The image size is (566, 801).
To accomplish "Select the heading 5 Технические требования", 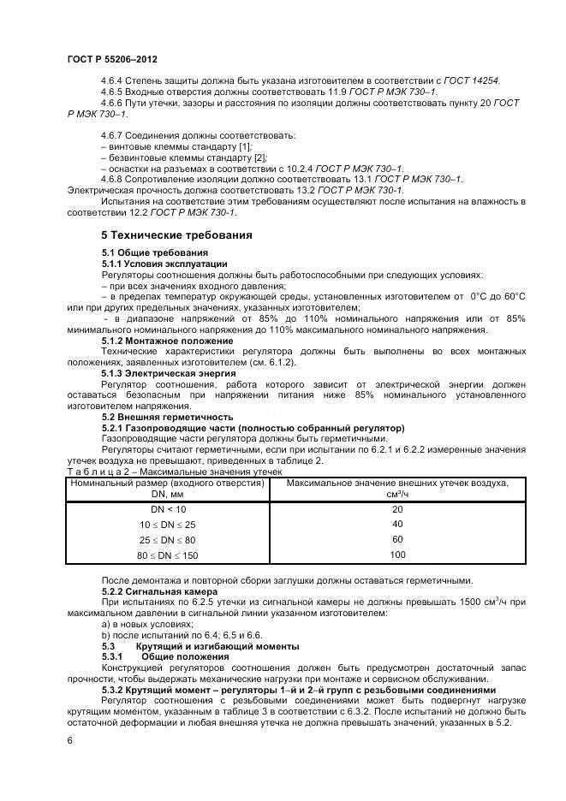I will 176,234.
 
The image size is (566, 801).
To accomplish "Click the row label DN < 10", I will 168,509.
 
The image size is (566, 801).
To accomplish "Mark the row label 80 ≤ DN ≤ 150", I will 168,555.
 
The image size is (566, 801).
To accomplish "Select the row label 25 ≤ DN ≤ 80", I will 168,540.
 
